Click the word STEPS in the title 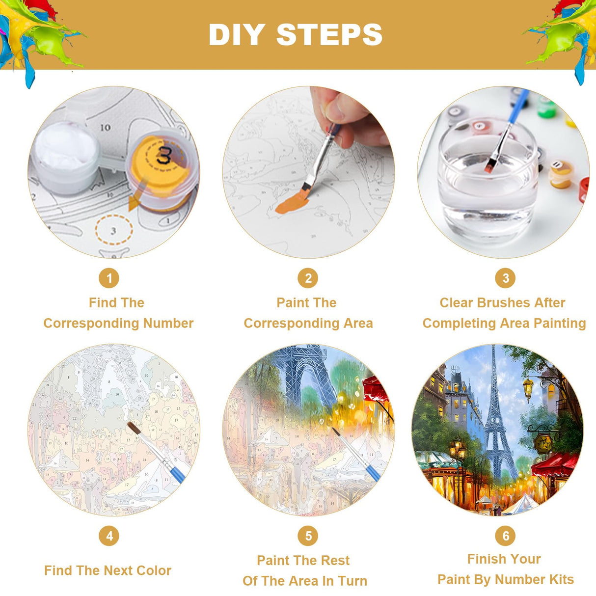(x=329, y=35)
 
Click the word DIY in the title (x=237, y=35)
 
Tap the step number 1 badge (x=109, y=278)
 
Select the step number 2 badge (x=308, y=278)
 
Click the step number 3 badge (x=505, y=278)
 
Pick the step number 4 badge (x=109, y=536)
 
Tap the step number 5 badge (x=308, y=536)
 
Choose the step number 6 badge (x=505, y=536)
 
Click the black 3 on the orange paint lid (x=163, y=155)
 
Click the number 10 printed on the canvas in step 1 (x=106, y=127)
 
